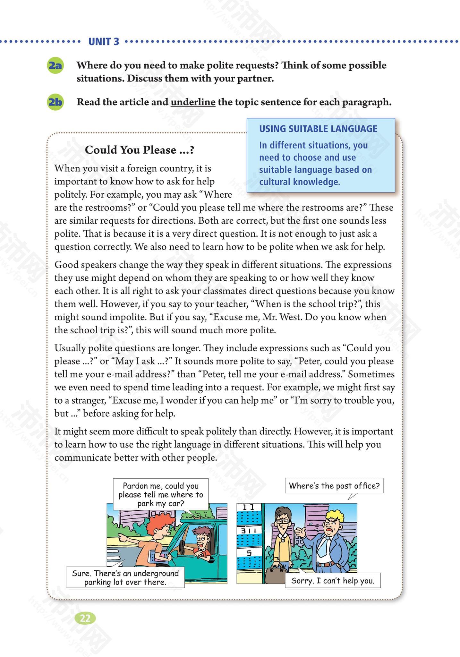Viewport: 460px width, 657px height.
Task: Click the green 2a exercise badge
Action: coord(55,65)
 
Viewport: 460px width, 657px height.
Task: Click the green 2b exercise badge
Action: coord(55,102)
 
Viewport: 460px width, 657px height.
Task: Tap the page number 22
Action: coord(85,618)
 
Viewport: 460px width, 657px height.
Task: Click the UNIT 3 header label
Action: coord(103,42)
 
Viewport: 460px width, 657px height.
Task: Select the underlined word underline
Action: coord(193,102)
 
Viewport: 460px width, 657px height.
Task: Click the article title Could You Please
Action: coord(140,150)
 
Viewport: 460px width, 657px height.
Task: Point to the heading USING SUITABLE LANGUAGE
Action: coord(318,129)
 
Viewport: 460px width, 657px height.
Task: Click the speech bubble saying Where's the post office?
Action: coord(334,486)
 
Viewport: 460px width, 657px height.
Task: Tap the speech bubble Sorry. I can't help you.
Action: coord(333,580)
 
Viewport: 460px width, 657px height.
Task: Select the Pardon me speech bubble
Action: coord(160,494)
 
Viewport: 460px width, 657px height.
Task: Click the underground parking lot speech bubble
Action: coord(125,577)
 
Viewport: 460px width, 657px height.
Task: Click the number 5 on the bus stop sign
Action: coord(249,553)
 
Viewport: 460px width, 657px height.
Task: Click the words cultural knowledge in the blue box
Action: coord(299,182)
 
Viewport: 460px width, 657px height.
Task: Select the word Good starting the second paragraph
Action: coord(66,265)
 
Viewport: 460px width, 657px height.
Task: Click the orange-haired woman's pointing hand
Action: coord(122,536)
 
